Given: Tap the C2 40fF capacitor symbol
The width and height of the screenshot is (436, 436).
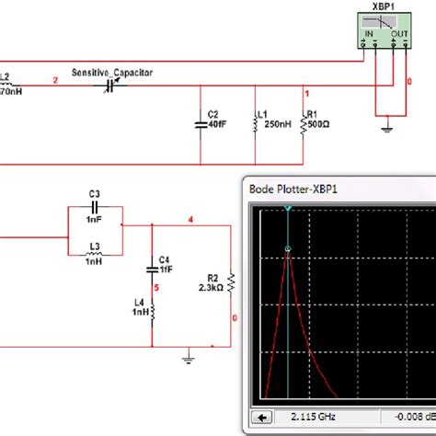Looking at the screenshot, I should tap(201, 121).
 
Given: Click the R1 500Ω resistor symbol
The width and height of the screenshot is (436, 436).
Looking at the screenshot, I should tap(304, 123).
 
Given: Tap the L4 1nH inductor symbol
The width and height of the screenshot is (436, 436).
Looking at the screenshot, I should tap(153, 311).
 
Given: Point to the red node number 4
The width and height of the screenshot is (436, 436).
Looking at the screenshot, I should tap(190, 219).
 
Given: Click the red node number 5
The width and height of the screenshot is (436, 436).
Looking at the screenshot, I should tap(157, 288).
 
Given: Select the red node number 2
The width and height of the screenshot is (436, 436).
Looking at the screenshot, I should tap(55, 81).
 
